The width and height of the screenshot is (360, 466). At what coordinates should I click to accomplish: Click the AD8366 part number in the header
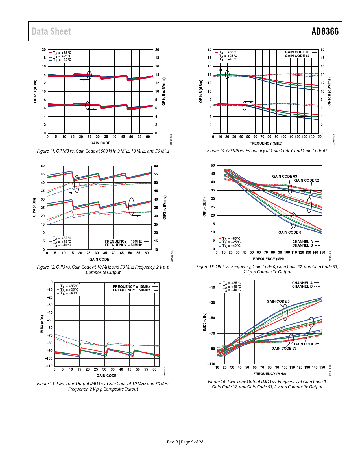(325, 31)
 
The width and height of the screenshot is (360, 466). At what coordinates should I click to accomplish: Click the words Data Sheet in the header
(51, 31)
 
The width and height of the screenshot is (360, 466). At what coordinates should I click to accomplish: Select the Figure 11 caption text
(103, 151)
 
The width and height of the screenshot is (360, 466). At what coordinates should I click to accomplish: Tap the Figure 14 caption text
(267, 151)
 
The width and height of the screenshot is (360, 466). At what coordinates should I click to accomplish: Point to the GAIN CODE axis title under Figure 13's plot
(106, 376)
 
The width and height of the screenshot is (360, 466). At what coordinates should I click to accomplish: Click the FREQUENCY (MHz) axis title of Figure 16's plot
(269, 374)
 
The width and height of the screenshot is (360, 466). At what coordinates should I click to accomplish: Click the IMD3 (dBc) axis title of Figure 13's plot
(42, 324)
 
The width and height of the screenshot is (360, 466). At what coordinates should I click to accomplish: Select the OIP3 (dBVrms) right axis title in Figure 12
(165, 207)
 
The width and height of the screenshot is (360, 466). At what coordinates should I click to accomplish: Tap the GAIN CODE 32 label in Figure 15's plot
(307, 180)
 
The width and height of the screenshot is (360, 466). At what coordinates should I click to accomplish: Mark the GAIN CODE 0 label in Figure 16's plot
(278, 301)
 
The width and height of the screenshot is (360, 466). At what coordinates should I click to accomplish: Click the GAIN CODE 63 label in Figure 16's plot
(284, 348)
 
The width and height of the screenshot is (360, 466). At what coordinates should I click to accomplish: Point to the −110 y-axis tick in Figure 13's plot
(49, 366)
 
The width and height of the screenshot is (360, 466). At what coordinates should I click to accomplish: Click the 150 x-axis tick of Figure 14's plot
(318, 137)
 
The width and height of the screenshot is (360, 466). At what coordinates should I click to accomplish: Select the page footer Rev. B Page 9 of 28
(185, 442)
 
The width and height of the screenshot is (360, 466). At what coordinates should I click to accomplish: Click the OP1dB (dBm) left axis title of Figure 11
(35, 91)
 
